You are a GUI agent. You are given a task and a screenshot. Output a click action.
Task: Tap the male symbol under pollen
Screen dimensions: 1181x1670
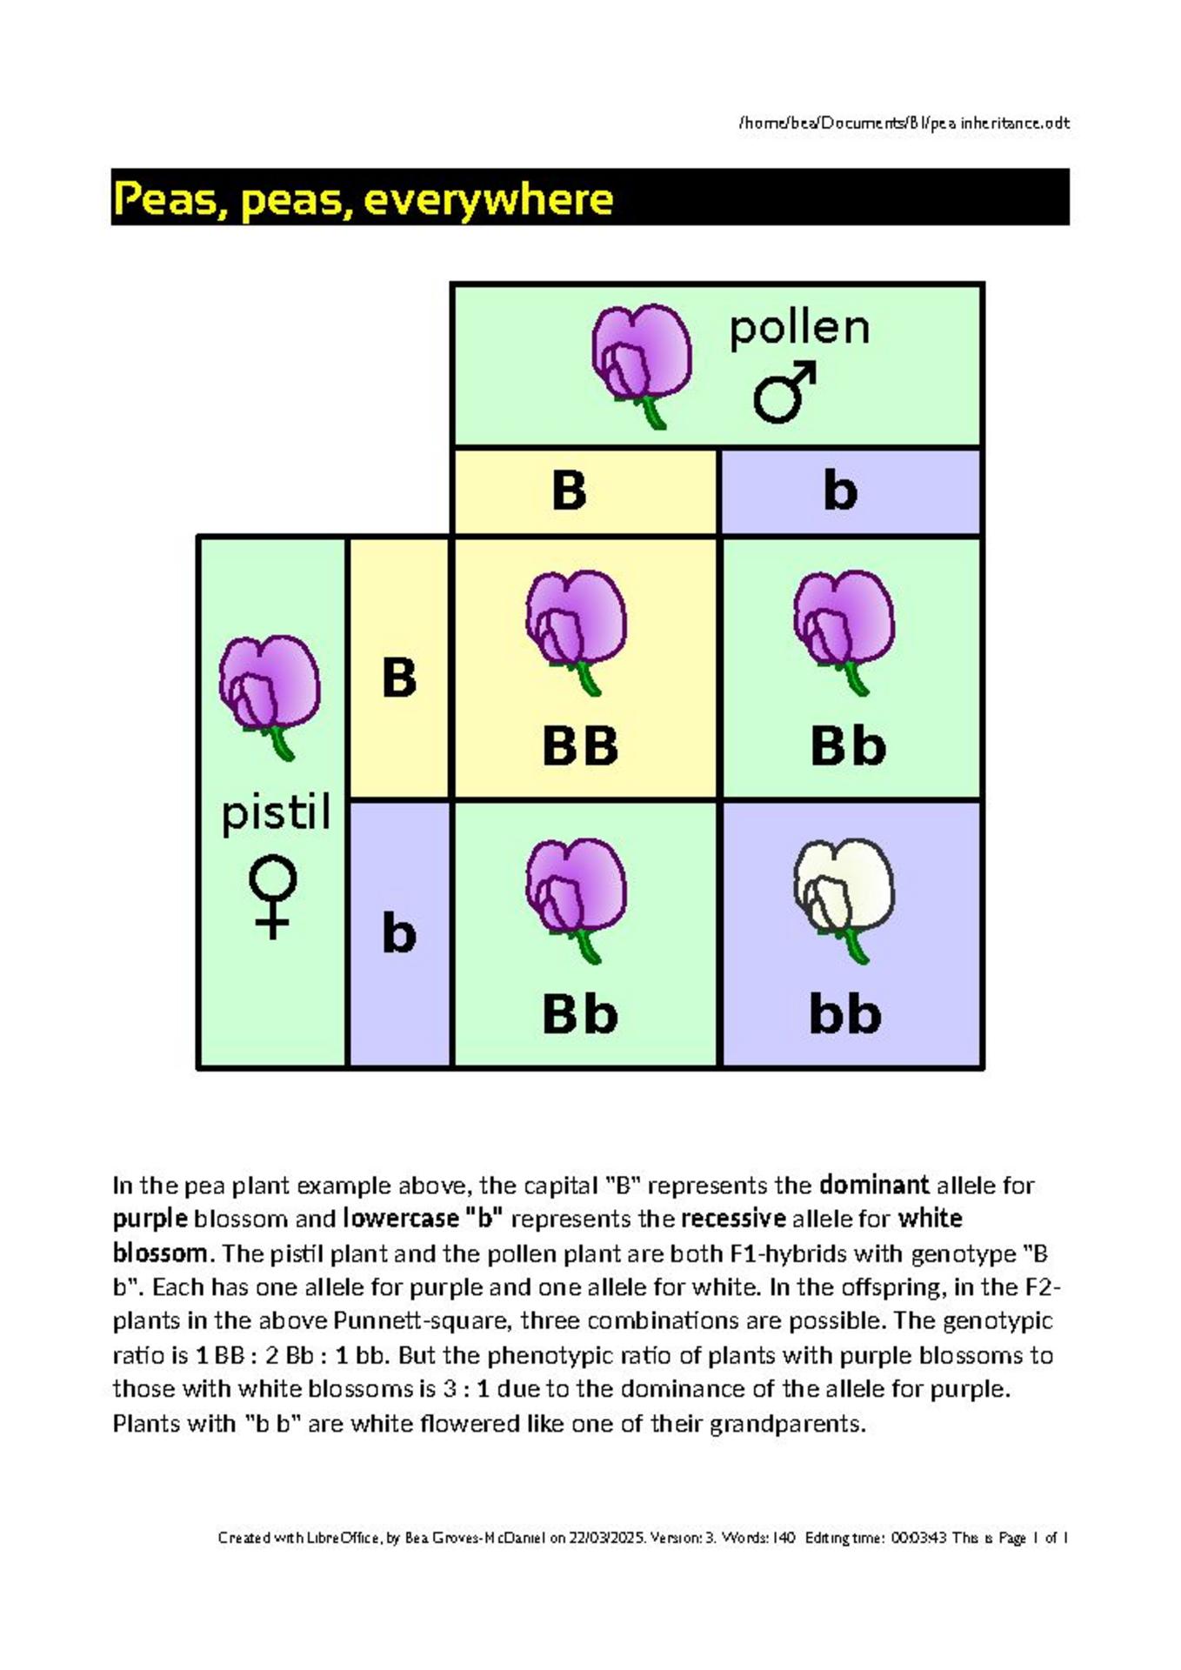coord(785,393)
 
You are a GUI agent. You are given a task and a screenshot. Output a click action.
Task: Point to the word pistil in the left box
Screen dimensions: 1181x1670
coord(276,813)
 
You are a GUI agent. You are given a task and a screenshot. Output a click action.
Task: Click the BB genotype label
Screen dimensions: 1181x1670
coord(580,746)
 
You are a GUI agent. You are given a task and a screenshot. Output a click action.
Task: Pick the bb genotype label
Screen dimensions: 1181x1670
coord(845,1013)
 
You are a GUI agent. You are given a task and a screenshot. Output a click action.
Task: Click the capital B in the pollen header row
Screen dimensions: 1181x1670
coord(569,490)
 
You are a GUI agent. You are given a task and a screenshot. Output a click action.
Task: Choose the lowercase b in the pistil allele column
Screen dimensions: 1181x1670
coord(399,932)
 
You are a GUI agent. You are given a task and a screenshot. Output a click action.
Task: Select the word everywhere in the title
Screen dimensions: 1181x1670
coord(489,199)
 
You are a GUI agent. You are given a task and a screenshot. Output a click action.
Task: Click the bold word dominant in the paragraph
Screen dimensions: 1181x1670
coord(875,1185)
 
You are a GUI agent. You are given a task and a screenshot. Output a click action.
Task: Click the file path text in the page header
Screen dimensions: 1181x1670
coord(904,123)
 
